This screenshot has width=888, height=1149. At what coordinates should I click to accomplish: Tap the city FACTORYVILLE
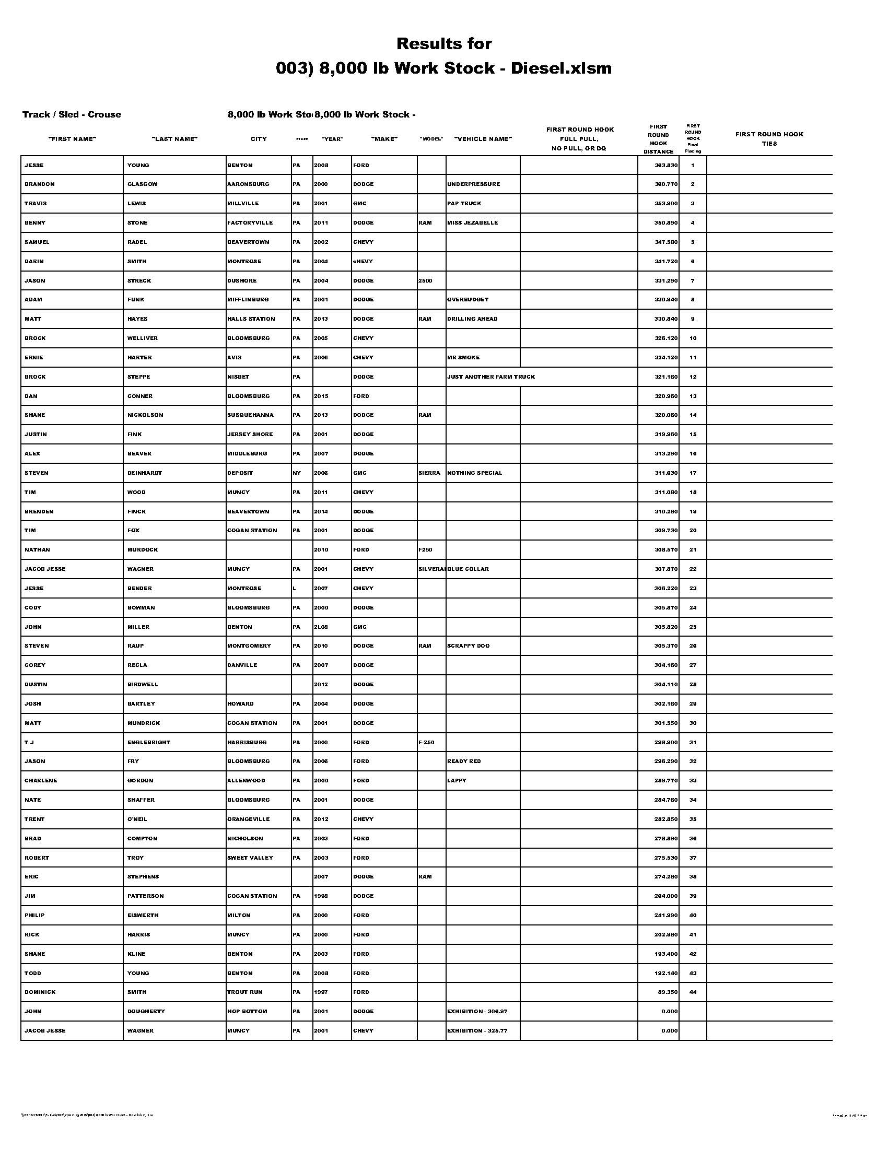pyautogui.click(x=250, y=222)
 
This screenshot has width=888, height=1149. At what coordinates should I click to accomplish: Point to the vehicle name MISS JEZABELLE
pyautogui.click(x=472, y=222)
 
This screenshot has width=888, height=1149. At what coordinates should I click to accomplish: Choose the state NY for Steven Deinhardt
pyautogui.click(x=297, y=473)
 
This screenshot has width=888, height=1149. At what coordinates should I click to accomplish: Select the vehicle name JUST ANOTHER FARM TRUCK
pyautogui.click(x=490, y=377)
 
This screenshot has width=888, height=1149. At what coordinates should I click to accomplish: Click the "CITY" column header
pyautogui.click(x=258, y=139)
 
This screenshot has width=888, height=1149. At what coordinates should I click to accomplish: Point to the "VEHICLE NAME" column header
pyautogui.click(x=483, y=139)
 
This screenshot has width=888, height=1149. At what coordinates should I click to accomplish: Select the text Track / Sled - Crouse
pyautogui.click(x=72, y=115)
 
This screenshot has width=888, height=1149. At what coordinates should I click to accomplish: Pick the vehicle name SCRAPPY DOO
pyautogui.click(x=468, y=646)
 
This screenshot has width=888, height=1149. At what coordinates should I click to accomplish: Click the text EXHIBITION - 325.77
pyautogui.click(x=476, y=1030)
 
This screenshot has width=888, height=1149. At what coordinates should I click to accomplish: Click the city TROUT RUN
pyautogui.click(x=244, y=992)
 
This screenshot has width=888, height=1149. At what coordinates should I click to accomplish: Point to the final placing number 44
pyautogui.click(x=693, y=992)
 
